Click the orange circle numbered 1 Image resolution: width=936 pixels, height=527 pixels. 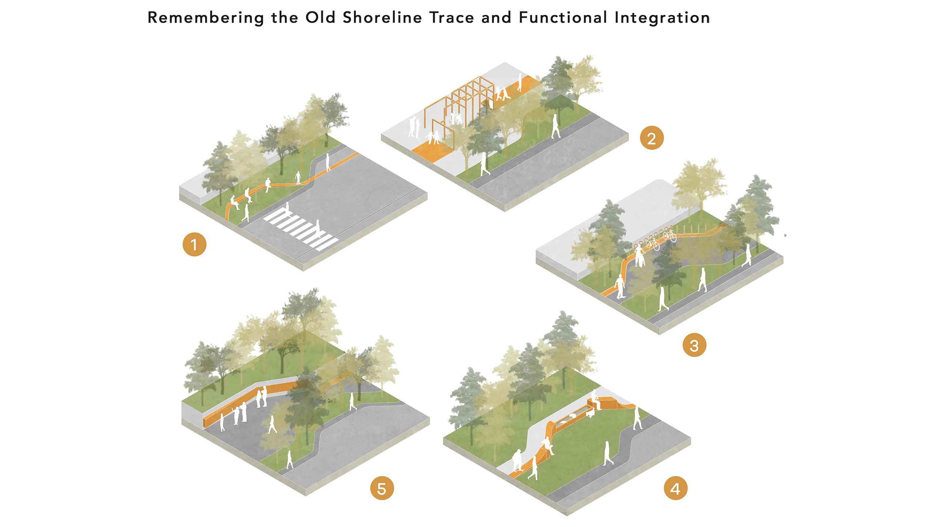(194, 244)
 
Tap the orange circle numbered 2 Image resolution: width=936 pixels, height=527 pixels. (652, 138)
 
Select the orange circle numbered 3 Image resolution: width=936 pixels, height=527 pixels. (694, 345)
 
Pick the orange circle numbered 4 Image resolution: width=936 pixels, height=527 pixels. (675, 488)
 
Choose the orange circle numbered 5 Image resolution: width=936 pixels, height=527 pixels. (382, 488)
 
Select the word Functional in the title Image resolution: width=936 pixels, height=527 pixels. (563, 18)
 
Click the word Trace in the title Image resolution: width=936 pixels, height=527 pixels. (452, 18)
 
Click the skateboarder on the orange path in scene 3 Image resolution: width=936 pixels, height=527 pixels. (619, 287)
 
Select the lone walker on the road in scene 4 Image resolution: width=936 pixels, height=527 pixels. (608, 454)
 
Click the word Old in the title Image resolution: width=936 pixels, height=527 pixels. (320, 18)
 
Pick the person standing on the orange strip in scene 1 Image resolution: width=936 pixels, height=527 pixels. (328, 162)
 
